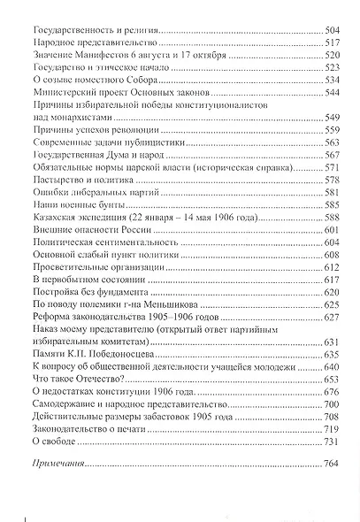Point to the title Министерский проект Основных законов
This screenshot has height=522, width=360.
coord(118,92)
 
